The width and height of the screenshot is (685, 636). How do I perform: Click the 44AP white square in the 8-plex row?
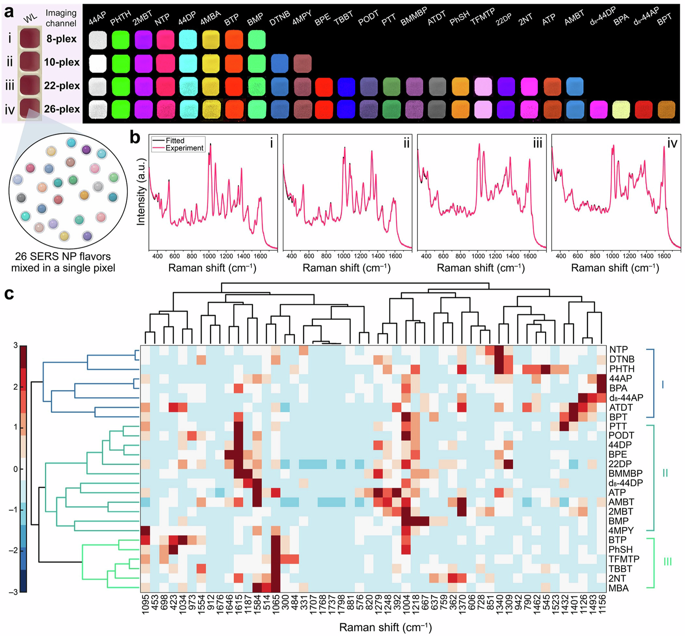(98, 40)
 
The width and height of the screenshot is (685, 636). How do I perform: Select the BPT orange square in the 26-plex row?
(666, 110)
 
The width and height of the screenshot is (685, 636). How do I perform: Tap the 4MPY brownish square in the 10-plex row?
(302, 63)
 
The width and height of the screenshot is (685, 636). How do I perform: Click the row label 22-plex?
(62, 85)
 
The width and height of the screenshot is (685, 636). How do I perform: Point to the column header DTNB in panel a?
(279, 18)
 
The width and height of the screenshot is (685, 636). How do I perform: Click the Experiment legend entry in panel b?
(184, 148)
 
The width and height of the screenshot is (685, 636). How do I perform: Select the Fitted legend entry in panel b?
(175, 140)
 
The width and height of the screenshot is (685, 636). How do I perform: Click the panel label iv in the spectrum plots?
(672, 143)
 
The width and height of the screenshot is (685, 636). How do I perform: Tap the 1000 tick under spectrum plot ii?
(344, 256)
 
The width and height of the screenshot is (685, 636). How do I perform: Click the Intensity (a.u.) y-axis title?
(141, 192)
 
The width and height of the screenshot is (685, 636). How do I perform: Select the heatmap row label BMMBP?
(625, 473)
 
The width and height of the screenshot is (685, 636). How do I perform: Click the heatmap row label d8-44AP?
(626, 398)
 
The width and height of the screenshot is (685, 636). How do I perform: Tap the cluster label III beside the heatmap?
(667, 562)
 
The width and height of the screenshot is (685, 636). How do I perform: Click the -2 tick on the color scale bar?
(15, 550)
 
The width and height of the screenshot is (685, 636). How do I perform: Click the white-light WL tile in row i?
(30, 39)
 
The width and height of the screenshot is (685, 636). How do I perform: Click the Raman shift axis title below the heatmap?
(385, 627)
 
